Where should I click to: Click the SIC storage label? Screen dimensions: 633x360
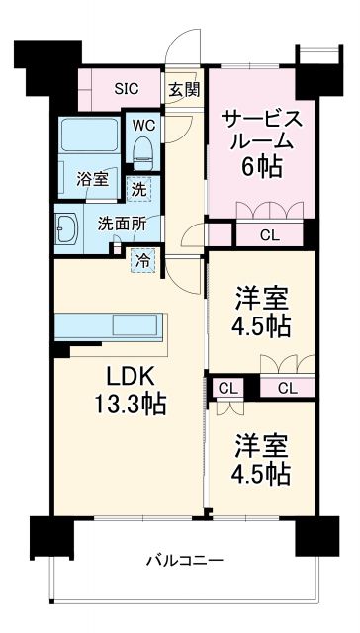pyautogui.click(x=126, y=87)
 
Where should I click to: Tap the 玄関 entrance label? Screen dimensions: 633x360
pyautogui.click(x=182, y=88)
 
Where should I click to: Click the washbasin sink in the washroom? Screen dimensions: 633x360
pyautogui.click(x=68, y=229)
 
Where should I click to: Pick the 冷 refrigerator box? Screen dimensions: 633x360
pyautogui.click(x=143, y=261)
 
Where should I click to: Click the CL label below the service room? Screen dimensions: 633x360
pyautogui.click(x=269, y=235)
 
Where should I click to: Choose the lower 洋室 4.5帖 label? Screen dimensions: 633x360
pyautogui.click(x=262, y=458)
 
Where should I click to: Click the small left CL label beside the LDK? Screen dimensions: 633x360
pyautogui.click(x=225, y=388)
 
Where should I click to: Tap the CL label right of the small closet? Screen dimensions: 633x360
pyautogui.click(x=287, y=388)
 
